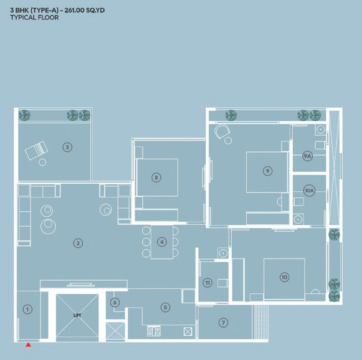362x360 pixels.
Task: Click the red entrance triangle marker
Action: tap(28, 344)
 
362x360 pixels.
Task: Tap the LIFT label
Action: tap(77, 315)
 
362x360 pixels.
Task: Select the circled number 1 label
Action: tap(27, 309)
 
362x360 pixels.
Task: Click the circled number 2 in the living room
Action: tap(78, 243)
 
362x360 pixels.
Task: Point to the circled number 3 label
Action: tap(67, 147)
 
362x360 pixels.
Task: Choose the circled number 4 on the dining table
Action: tap(162, 242)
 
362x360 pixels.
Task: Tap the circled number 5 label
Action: tap(165, 307)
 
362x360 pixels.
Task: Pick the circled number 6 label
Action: tap(115, 302)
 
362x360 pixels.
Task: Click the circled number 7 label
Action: tap(223, 323)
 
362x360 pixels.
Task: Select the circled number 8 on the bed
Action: tap(156, 178)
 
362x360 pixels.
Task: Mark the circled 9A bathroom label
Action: tap(307, 156)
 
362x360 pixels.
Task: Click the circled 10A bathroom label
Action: tap(309, 191)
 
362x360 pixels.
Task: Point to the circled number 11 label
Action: tap(207, 283)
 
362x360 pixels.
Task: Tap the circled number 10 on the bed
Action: tap(284, 277)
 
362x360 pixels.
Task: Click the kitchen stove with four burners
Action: tap(154, 331)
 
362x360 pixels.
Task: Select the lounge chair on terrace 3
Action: tap(37, 150)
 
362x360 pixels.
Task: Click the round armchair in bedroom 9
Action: tap(222, 131)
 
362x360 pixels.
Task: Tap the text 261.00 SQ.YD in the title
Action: tap(85, 11)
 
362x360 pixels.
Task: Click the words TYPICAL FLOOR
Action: tap(34, 17)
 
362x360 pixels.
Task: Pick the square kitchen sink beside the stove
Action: tap(188, 331)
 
